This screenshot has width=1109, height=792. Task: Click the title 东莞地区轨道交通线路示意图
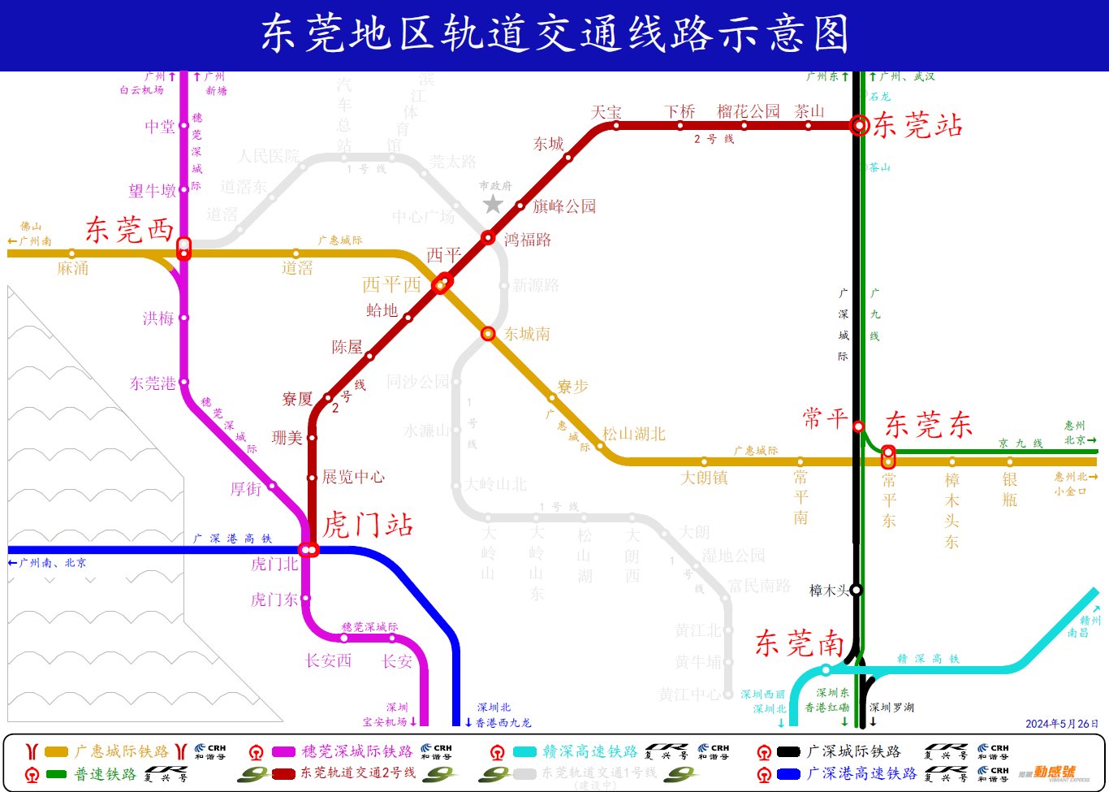point(554,35)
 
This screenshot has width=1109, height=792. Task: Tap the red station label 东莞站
point(917,125)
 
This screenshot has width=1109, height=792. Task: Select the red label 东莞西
point(129,230)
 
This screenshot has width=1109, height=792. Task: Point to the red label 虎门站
point(368,525)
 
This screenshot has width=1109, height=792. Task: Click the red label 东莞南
point(800,643)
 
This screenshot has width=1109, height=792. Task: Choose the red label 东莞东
point(928,425)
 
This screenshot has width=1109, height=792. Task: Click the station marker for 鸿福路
point(488,237)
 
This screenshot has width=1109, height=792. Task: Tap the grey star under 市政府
point(494,204)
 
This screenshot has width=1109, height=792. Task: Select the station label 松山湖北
point(633,434)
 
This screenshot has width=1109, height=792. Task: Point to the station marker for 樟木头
point(856,590)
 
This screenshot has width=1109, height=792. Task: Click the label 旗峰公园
point(564,206)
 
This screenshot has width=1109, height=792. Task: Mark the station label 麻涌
point(73,268)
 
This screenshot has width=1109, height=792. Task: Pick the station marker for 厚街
point(272,486)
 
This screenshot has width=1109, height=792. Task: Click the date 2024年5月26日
point(1061,724)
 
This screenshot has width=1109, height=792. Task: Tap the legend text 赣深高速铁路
point(589,751)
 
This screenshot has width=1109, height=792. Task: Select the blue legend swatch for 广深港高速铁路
point(788,774)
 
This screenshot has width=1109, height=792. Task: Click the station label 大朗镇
point(704,478)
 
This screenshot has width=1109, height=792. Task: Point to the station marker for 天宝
point(616,125)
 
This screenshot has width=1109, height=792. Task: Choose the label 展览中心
point(353,477)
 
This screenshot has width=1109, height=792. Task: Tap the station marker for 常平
point(858,426)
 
